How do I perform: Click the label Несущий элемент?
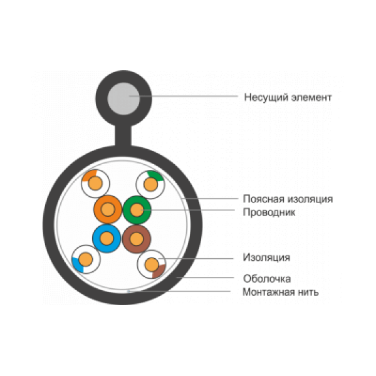tap(288, 98)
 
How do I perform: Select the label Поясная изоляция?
tap(288, 199)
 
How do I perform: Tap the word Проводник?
tap(269, 212)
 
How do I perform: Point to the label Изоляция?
tap(266, 258)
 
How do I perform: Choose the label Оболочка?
tap(267, 279)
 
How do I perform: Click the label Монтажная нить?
tap(281, 292)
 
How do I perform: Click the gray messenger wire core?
tap(123, 99)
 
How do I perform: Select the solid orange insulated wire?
tap(108, 209)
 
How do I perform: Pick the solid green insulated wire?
tap(137, 210)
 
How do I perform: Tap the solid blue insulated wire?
tap(107, 238)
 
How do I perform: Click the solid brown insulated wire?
tap(137, 239)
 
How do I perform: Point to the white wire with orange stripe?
tap(95, 184)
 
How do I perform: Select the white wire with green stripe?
tap(150, 185)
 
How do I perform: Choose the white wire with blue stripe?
tap(86, 259)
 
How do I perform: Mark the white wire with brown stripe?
tap(152, 264)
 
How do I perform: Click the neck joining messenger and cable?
tap(123, 135)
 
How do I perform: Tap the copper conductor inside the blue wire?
tap(107, 238)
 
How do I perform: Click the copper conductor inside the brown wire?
tap(137, 239)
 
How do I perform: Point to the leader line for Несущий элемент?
tap(184, 96)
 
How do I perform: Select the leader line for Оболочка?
tap(205, 278)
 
